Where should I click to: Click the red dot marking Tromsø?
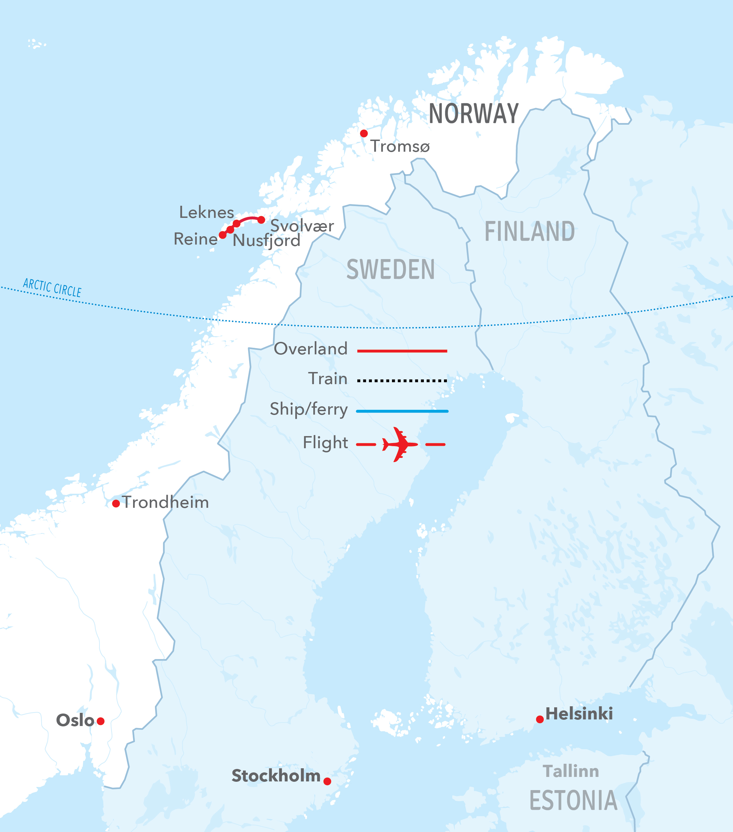364,133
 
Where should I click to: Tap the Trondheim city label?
165,502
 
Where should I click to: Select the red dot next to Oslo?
101,721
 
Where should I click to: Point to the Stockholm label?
276,776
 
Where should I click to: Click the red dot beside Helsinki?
540,720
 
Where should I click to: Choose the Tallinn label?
571,771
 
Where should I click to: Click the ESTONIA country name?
573,801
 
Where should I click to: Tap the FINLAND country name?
530,232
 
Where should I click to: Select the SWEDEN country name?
391,269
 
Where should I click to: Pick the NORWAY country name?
474,114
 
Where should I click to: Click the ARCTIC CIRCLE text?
52,287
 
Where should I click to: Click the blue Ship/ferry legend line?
402,411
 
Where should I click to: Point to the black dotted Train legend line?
402,381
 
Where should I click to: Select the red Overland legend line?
402,351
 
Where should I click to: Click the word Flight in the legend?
325,442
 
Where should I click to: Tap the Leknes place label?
207,212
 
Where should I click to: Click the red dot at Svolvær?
261,220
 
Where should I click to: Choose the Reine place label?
195,239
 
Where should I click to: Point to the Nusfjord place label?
266,241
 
